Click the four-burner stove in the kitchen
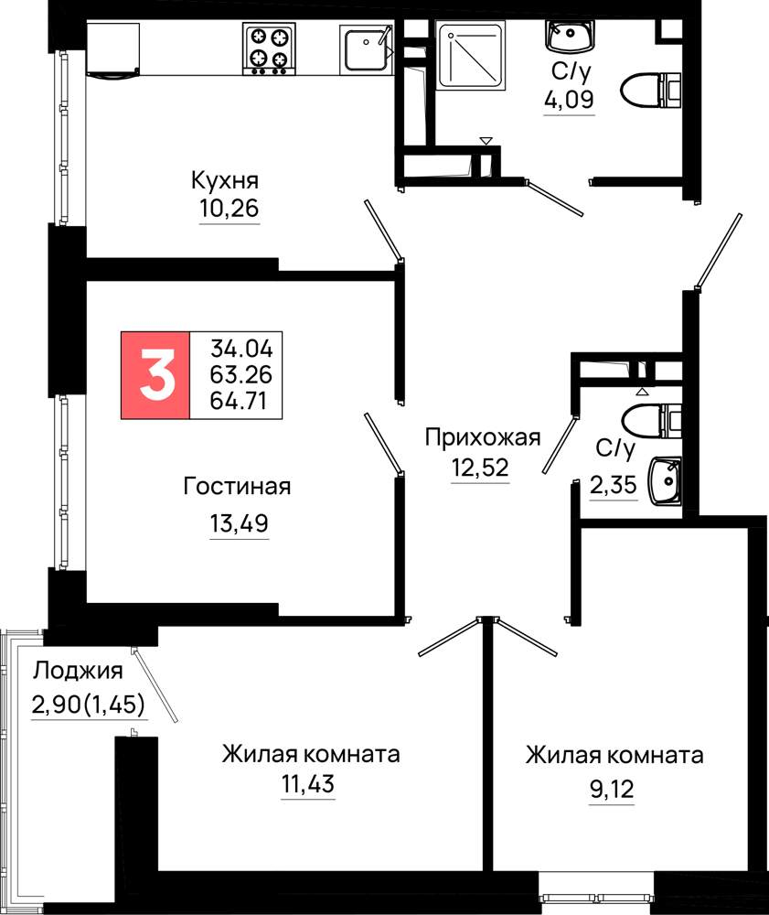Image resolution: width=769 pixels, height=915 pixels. tap(269, 49)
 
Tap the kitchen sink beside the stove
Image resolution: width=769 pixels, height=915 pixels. tap(367, 49)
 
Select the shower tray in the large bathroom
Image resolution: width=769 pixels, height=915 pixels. tap(471, 56)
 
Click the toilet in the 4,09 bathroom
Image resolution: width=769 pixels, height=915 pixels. tap(652, 91)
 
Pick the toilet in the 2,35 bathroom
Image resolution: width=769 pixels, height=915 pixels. tap(652, 421)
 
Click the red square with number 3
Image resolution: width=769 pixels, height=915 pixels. tap(155, 375)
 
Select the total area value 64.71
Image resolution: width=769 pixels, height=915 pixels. tap(239, 402)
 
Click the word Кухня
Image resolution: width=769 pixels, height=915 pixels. tap(225, 181)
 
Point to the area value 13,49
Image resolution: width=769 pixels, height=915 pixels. tap(239, 523)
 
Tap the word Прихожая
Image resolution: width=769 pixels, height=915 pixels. tap(483, 437)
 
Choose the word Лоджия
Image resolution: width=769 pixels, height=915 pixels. tap(78, 672)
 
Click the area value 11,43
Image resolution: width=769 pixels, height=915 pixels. tap(308, 784)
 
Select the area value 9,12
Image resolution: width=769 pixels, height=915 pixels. tap(612, 790)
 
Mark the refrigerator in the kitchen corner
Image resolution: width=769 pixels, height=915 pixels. tap(113, 49)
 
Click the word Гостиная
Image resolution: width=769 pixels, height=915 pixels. tap(237, 486)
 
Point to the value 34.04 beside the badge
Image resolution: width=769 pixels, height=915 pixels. tap(241, 349)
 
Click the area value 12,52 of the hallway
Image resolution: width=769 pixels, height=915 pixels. tap(480, 468)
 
